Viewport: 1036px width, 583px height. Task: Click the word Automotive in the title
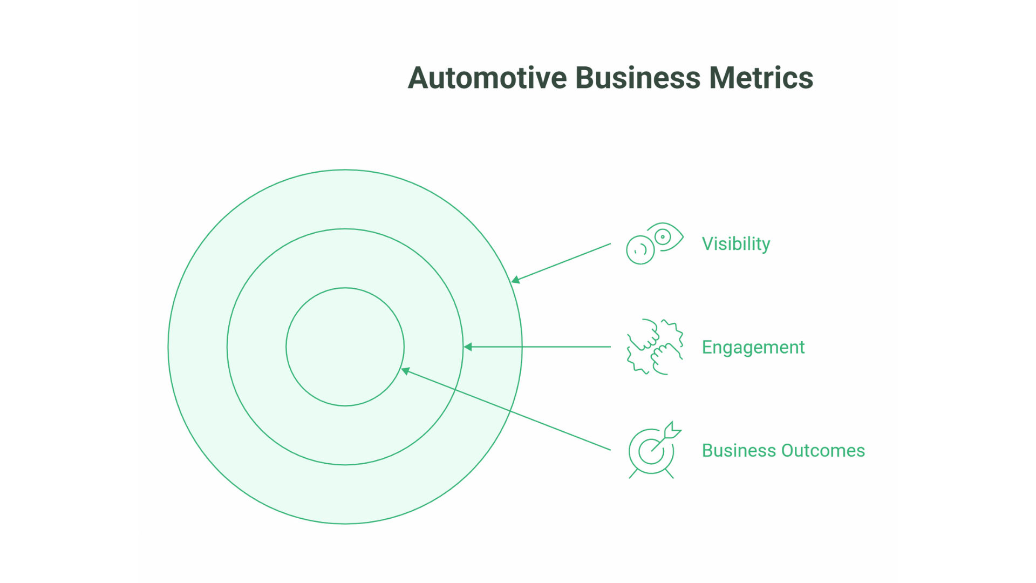(x=487, y=78)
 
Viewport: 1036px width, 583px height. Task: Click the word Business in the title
(x=637, y=78)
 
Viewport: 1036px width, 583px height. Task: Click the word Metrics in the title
(x=761, y=78)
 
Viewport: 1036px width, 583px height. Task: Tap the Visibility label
(x=735, y=244)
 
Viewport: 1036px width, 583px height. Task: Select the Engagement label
(x=753, y=347)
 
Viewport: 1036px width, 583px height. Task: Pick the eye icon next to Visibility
(x=665, y=237)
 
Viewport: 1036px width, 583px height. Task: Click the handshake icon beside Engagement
(x=655, y=347)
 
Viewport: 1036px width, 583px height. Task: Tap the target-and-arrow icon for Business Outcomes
(x=652, y=451)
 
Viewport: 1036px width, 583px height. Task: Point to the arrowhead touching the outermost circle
(x=516, y=280)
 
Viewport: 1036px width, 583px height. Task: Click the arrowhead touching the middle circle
(x=468, y=347)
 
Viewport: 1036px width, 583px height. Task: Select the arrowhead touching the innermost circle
(x=406, y=371)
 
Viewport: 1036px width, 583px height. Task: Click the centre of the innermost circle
(x=345, y=347)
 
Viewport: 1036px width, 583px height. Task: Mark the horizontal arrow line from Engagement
(x=540, y=347)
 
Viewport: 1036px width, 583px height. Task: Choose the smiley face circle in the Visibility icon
(x=640, y=250)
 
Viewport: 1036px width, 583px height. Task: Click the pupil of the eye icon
(x=663, y=236)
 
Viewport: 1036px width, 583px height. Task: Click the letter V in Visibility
(x=707, y=244)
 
